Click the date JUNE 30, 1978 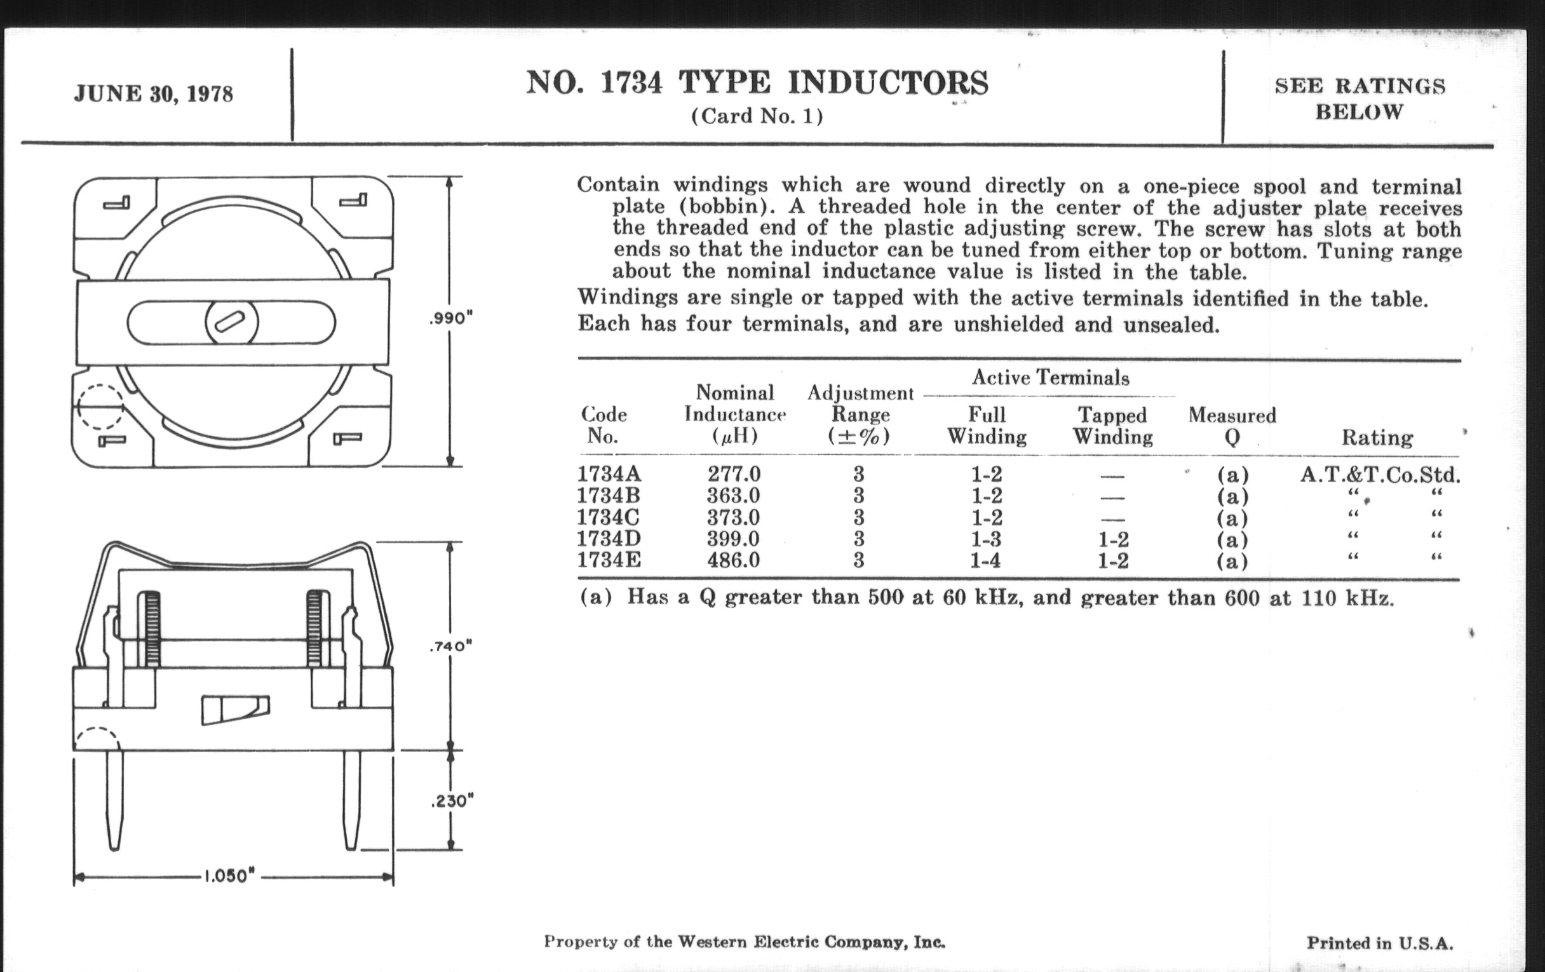pos(153,94)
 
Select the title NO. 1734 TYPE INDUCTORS pos(757,83)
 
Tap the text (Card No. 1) pos(757,116)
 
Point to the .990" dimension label pos(450,318)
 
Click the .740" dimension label pos(450,646)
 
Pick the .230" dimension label pos(452,800)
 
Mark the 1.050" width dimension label pos(230,877)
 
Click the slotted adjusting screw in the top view pos(232,321)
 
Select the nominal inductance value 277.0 pos(734,474)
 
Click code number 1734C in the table pos(608,517)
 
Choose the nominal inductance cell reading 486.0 pos(733,560)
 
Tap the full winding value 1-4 pos(985,561)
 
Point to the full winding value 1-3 pos(985,539)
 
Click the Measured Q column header pos(1232,426)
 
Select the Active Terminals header pos(1050,377)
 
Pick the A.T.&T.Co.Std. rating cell pos(1380,475)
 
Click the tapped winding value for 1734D pos(1113,539)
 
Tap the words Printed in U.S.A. pos(1380,943)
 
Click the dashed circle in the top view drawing pos(100,407)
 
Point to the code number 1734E pos(609,560)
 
